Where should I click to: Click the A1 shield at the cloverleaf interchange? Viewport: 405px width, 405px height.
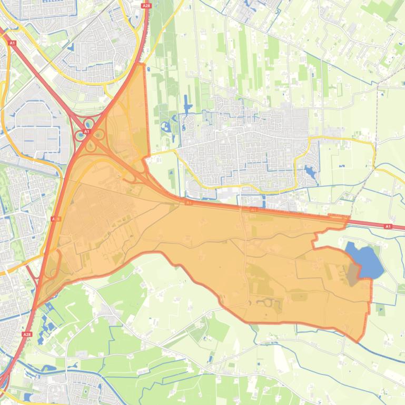pyautogui.click(x=85, y=131)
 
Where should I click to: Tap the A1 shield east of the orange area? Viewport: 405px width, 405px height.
pyautogui.click(x=388, y=226)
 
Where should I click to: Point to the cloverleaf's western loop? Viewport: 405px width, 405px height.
pyautogui.click(x=80, y=135)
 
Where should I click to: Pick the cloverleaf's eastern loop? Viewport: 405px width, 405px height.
pyautogui.click(x=98, y=134)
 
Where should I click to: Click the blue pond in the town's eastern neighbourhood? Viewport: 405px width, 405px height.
pyautogui.click(x=309, y=171)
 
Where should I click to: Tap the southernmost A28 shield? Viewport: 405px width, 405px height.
pyautogui.click(x=27, y=334)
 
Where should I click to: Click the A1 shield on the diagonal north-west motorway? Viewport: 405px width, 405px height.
pyautogui.click(x=12, y=42)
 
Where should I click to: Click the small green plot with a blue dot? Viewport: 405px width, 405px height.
pyautogui.click(x=381, y=310)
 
